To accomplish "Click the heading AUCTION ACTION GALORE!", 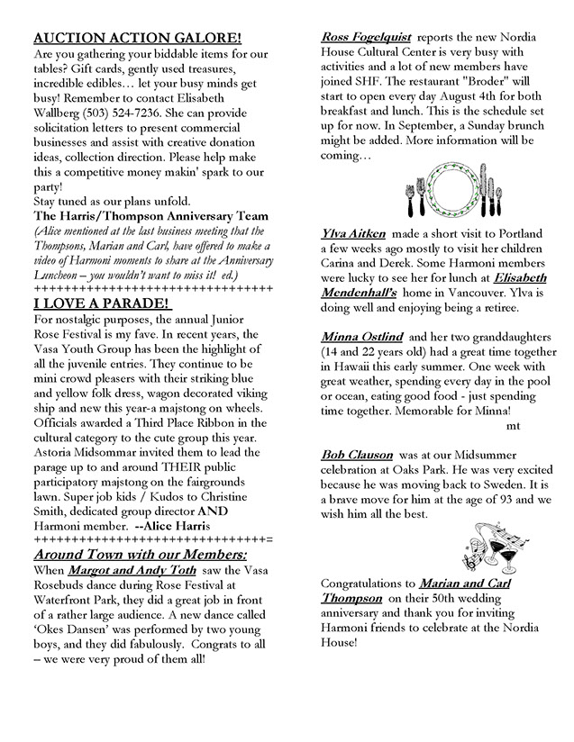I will [137, 39].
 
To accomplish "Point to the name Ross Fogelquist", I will [366, 37].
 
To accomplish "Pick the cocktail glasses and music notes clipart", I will [481, 548].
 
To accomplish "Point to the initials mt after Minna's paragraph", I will [514, 424].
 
